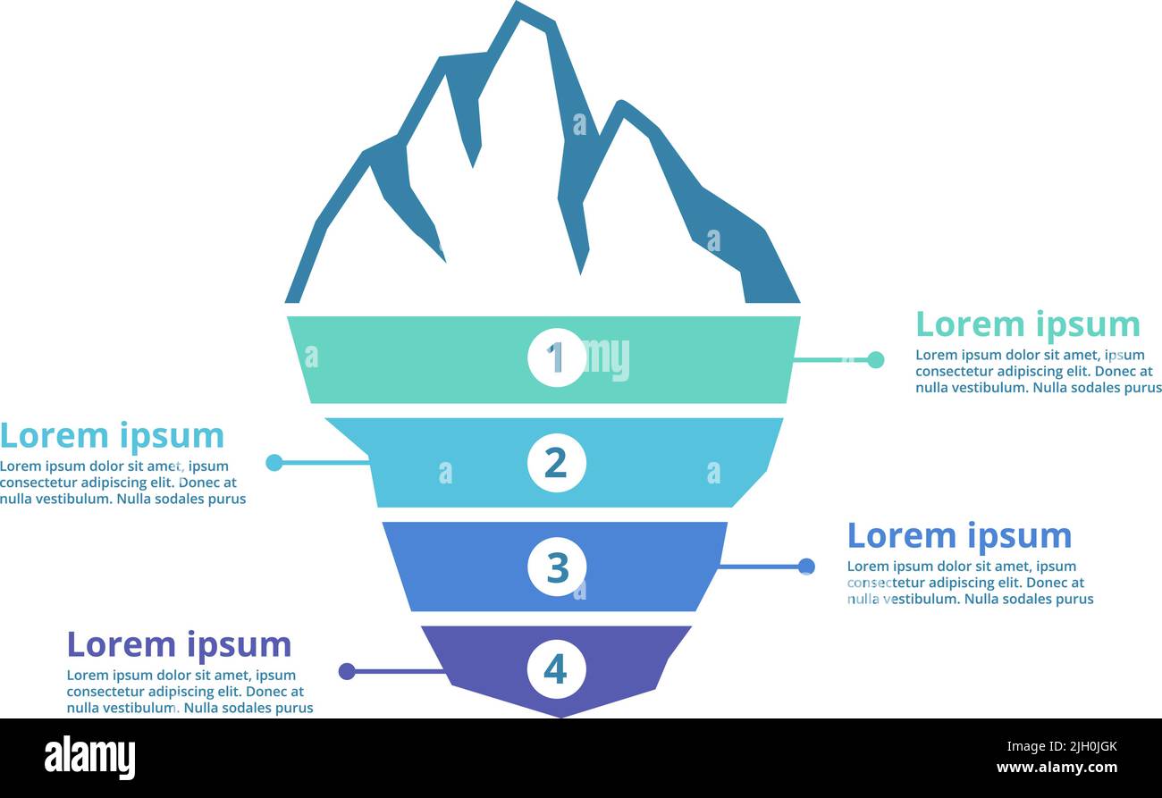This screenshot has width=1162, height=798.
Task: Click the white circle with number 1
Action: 556,357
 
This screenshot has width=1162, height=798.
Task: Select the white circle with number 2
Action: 556,463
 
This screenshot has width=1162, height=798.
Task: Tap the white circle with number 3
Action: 556,567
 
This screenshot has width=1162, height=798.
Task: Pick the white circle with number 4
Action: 556,669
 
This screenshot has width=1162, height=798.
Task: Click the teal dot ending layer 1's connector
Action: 875,359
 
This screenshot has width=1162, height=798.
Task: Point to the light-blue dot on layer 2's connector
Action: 274,462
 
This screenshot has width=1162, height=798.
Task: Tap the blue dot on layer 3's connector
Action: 805,566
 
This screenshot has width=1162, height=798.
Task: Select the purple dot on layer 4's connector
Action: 347,671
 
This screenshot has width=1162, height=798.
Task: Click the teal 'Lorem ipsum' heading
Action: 1027,323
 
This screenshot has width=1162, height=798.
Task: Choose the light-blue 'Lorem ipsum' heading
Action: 112,435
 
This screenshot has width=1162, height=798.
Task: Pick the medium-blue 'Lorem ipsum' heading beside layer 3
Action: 958,535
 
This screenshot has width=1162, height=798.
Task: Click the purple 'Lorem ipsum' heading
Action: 179,644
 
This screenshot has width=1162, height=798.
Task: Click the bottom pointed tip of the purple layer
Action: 561,715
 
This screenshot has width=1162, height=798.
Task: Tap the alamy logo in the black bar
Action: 89,758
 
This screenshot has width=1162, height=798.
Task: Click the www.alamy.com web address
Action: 1057,768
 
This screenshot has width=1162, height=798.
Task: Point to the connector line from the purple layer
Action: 398,671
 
